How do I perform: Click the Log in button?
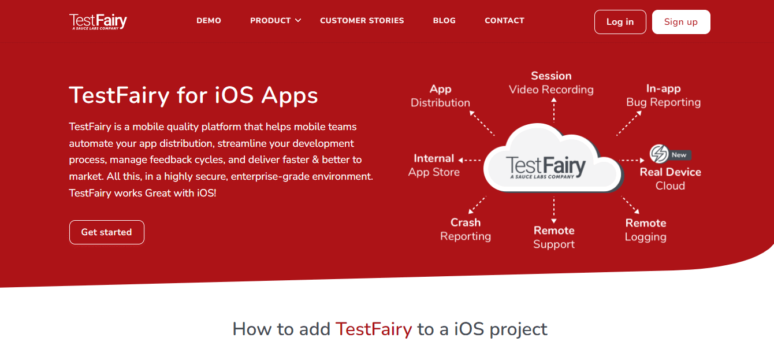[620, 22]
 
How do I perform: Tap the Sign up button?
[680, 22]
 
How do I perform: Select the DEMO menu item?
[209, 20]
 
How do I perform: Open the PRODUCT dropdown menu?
[276, 20]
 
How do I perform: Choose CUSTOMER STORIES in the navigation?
[362, 20]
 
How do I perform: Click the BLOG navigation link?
[444, 20]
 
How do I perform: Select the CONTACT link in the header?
[504, 20]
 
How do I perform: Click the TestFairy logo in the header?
[98, 21]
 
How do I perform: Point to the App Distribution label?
[440, 96]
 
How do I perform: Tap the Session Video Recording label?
[551, 83]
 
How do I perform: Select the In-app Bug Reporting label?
[663, 95]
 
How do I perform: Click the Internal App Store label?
[434, 165]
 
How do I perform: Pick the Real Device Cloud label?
[670, 179]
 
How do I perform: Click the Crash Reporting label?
[466, 229]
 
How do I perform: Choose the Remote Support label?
[554, 237]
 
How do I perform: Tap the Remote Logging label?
[645, 230]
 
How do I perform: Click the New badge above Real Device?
[679, 155]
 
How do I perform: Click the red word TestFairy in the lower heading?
[374, 329]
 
